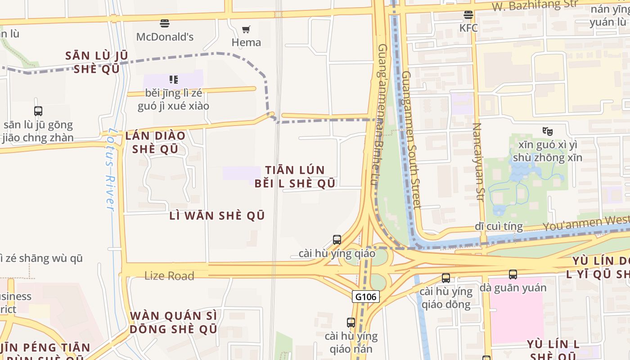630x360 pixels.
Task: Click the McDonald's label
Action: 165,37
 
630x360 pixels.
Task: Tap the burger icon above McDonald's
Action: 165,23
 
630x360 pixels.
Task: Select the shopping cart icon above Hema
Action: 246,30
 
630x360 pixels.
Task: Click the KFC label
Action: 468,28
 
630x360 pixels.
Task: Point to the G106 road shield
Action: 366,297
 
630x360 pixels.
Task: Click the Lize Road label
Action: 169,276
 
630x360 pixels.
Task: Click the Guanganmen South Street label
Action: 411,139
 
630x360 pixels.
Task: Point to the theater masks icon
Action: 547,131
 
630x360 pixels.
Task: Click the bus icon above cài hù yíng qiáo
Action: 337,240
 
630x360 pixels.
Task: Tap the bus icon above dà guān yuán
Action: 513,274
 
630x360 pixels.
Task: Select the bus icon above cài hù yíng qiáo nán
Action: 351,322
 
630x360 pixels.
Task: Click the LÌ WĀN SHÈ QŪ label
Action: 217,216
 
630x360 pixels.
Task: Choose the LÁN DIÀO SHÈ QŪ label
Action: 156,142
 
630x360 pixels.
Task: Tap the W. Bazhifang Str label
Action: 535,5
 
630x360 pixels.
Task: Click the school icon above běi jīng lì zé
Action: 174,80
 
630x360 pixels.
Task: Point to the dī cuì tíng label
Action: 499,226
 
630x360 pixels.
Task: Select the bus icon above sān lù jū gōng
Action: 38,111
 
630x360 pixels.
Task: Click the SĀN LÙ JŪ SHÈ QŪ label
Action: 97,62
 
